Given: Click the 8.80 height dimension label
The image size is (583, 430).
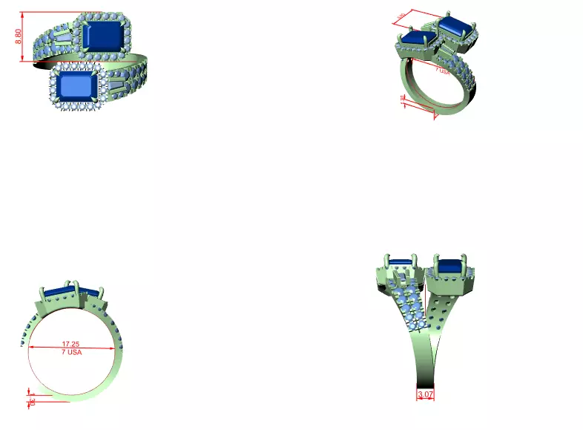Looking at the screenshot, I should click(19, 36).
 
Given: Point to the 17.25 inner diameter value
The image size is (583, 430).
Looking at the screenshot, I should click(70, 345).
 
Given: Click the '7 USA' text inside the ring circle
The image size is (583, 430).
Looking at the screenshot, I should click(71, 352).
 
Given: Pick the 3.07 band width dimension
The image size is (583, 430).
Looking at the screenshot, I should click(426, 394).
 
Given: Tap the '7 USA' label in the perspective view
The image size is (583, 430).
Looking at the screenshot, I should click(443, 71).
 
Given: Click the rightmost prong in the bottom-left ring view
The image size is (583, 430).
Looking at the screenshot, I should click(109, 287).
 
